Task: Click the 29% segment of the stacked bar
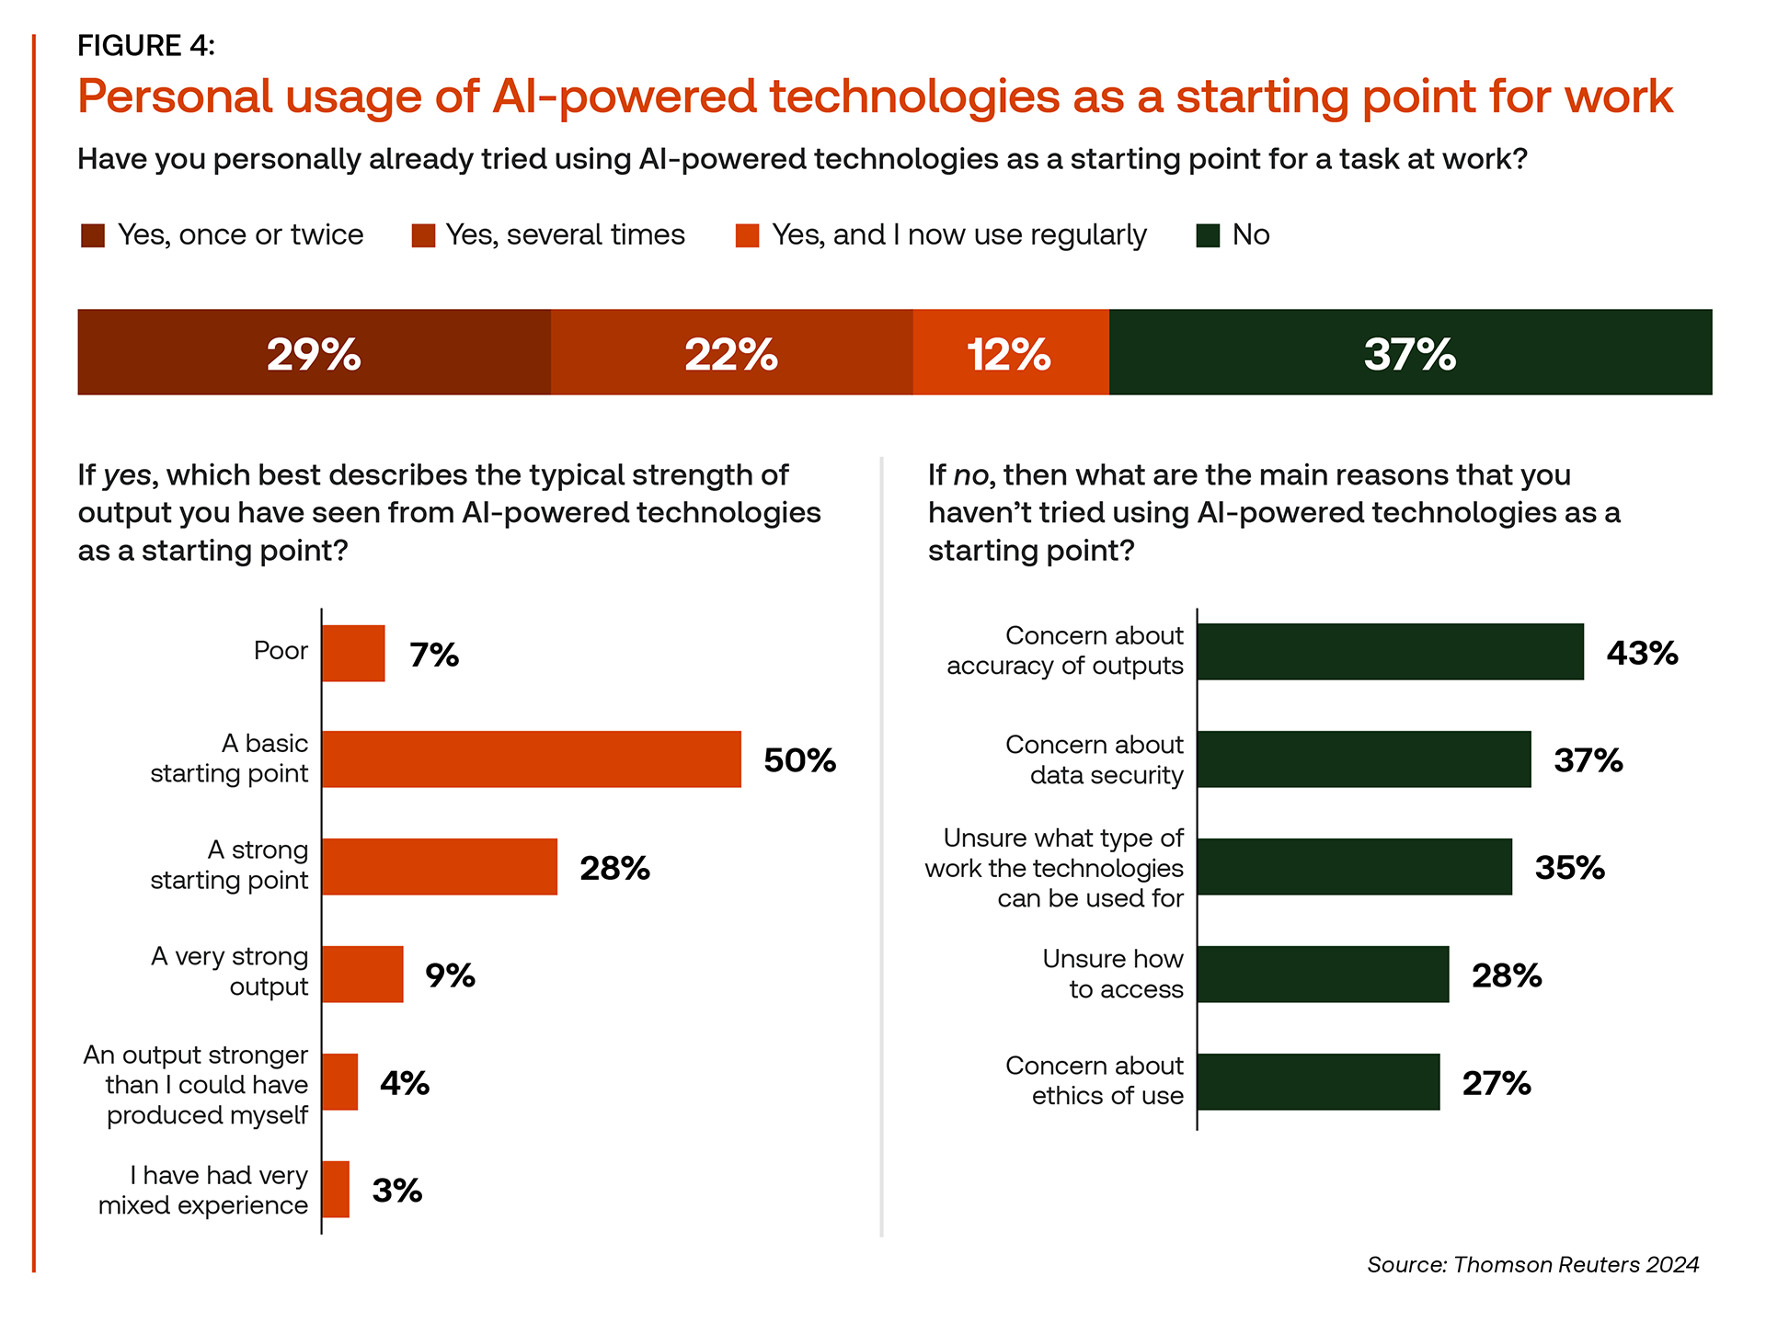click(x=314, y=352)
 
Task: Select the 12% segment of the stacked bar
click(x=1010, y=352)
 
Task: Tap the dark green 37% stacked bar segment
click(x=1410, y=352)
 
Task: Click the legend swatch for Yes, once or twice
click(x=93, y=235)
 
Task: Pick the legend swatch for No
click(x=1208, y=235)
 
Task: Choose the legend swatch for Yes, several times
click(x=423, y=235)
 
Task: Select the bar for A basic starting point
click(x=532, y=759)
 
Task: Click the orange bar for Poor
click(x=353, y=653)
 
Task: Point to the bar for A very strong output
click(x=362, y=974)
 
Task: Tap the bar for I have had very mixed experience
click(x=336, y=1189)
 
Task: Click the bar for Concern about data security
click(x=1364, y=759)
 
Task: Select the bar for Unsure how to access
click(x=1323, y=974)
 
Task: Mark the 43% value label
click(x=1642, y=653)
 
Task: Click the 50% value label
click(x=799, y=760)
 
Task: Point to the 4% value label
click(x=405, y=1083)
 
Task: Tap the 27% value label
click(x=1497, y=1083)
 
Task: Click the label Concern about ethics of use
click(x=1095, y=1080)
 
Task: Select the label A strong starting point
click(x=230, y=865)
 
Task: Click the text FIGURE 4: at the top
click(x=146, y=45)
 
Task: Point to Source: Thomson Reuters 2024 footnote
click(x=1532, y=1264)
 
